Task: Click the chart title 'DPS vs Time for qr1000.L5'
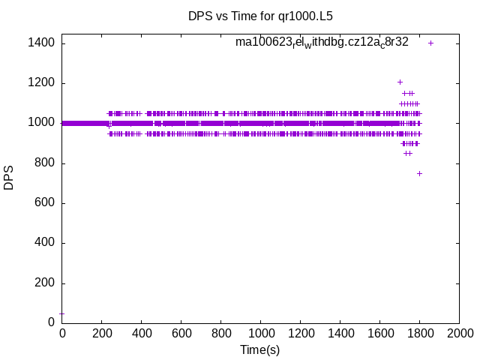click(x=259, y=15)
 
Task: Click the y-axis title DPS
click(x=9, y=178)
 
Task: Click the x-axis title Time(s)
click(x=259, y=349)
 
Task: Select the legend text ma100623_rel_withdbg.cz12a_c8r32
click(x=322, y=42)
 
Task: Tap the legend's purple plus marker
click(x=430, y=43)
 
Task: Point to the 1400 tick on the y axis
click(x=40, y=43)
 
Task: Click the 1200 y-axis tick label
click(x=40, y=83)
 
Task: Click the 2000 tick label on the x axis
click(x=459, y=333)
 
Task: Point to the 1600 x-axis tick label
click(x=379, y=333)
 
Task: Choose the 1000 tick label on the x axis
click(x=260, y=333)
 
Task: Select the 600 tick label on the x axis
click(x=181, y=333)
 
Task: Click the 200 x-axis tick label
click(x=101, y=333)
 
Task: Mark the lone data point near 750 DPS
click(x=419, y=173)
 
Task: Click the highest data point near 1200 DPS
click(x=400, y=82)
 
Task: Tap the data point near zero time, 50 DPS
click(x=61, y=313)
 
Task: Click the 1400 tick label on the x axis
click(x=340, y=333)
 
